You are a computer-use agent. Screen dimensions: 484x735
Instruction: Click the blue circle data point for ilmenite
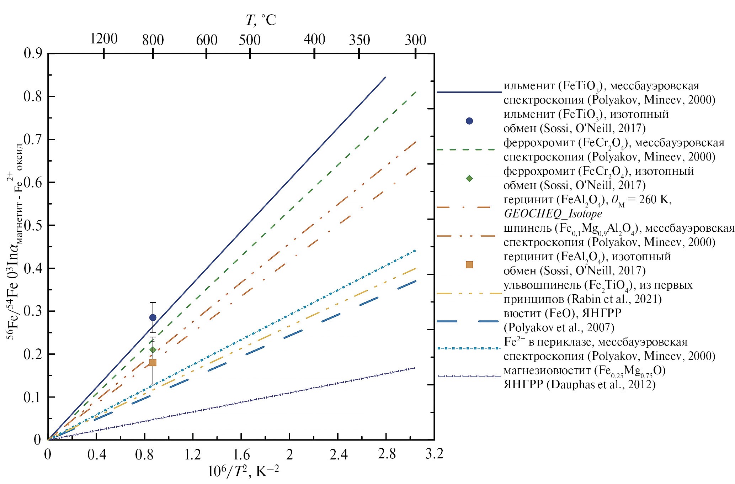153,317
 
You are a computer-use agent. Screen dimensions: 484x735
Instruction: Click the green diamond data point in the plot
153,349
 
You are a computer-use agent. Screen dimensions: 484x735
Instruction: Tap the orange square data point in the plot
153,363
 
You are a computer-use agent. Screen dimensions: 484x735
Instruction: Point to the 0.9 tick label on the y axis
33,54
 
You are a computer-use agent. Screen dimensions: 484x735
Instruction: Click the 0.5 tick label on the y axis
33,226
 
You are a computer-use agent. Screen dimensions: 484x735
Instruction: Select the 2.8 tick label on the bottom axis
387,454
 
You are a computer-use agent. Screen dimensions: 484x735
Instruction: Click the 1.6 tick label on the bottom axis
241,454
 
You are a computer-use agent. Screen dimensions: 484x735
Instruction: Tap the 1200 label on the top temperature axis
103,39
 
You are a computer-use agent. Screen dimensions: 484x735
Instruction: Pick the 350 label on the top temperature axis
359,40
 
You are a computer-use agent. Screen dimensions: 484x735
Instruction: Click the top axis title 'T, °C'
261,21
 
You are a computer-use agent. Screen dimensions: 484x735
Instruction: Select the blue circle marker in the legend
469,121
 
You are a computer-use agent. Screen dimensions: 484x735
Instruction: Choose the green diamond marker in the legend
469,178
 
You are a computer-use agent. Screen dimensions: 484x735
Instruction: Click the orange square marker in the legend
469,264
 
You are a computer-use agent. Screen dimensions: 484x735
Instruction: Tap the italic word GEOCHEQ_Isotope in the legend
553,214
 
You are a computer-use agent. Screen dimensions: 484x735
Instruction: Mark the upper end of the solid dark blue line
385,77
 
